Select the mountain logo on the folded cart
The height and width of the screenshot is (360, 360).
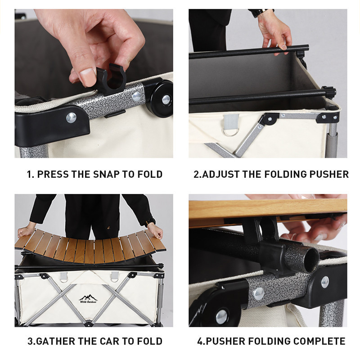click(88, 299)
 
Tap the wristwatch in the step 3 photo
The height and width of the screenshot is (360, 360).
click(150, 222)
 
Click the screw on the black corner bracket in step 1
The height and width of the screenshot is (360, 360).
click(72, 118)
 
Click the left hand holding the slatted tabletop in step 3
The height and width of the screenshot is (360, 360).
click(26, 232)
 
